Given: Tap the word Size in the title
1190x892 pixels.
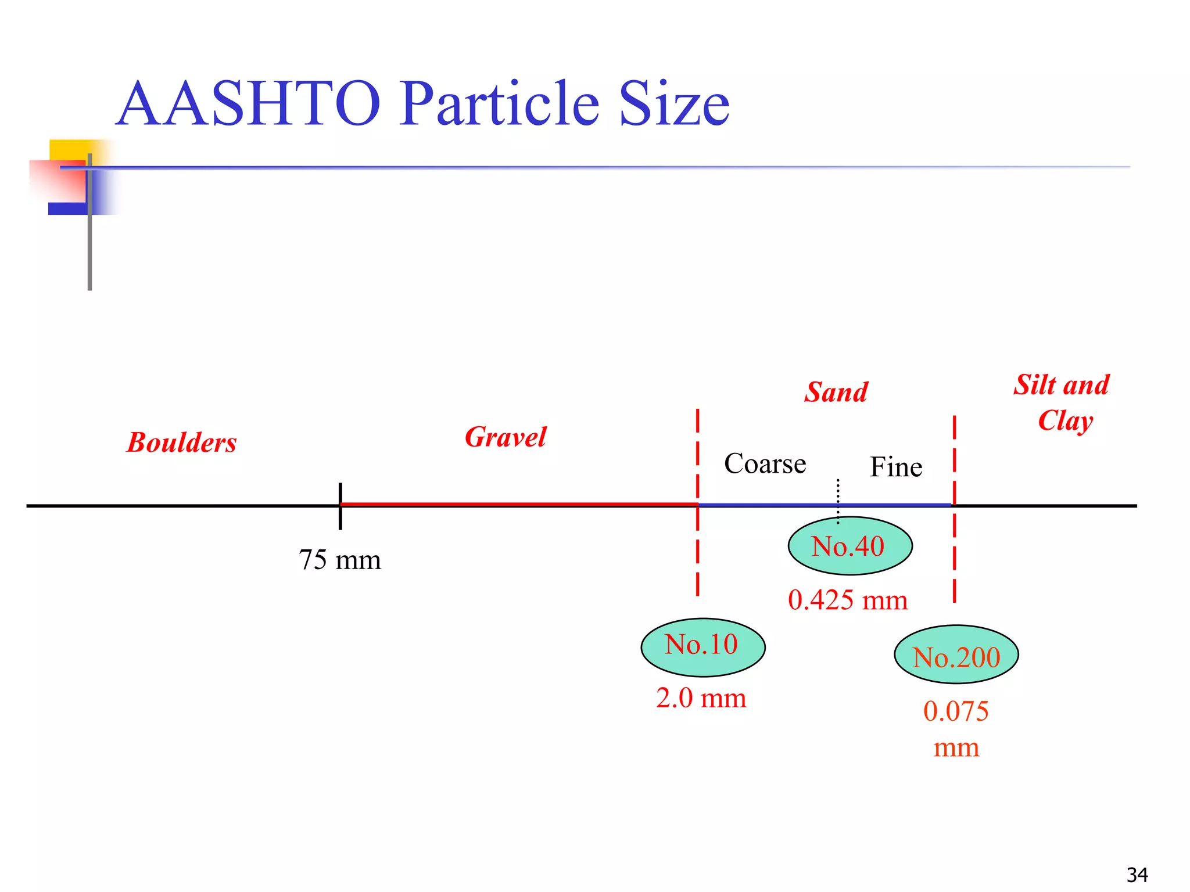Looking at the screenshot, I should tap(673, 105).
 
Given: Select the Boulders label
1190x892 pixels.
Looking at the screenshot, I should tap(182, 443).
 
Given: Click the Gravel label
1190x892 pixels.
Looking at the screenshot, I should tap(506, 437).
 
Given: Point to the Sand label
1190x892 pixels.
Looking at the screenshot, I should tap(836, 393).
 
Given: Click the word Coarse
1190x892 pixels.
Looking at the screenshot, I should tap(765, 464).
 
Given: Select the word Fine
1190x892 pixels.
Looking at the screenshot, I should tap(895, 467).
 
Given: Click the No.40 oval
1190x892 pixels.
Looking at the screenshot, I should tap(850, 546).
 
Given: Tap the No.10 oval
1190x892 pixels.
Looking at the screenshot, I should tap(702, 647).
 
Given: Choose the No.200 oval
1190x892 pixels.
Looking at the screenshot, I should tap(956, 654).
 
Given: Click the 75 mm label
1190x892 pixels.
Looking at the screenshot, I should tap(340, 560).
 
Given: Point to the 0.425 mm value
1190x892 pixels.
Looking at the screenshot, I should tap(848, 600).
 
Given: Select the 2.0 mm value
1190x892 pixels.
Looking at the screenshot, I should tap(701, 698).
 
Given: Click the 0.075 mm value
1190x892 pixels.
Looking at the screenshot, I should tap(956, 728).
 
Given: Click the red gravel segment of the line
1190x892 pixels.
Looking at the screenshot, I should tap(517, 505).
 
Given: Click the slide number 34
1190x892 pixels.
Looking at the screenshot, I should tap(1137, 875).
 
